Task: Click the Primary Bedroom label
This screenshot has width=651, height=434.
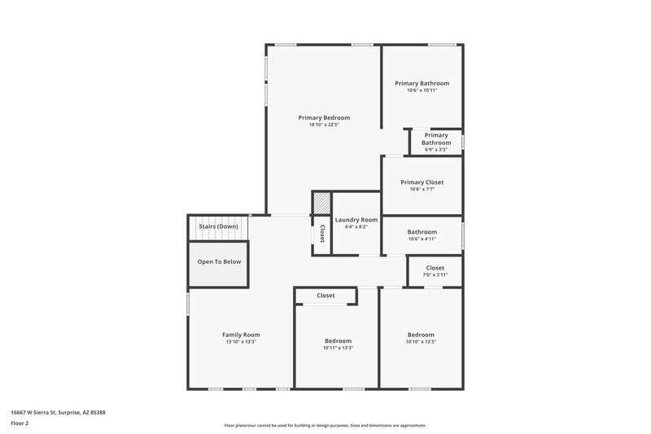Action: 324,117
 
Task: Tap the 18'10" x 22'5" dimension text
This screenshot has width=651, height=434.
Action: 324,125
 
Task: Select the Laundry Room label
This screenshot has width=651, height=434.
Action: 356,220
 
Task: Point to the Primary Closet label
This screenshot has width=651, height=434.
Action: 422,182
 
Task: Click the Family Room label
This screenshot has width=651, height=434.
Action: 241,335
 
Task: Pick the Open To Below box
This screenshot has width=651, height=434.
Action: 219,262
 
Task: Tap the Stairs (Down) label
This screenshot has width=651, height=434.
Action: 218,226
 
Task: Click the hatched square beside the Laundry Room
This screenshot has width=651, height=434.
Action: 322,203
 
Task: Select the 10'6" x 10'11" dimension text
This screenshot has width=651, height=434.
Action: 422,90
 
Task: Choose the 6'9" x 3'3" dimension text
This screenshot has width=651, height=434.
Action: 436,150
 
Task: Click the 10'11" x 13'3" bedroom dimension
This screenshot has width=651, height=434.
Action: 338,348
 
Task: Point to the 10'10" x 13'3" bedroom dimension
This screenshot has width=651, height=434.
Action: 421,342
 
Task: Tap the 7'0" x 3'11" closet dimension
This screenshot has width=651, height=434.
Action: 435,274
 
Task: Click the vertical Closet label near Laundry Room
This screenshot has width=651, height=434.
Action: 322,234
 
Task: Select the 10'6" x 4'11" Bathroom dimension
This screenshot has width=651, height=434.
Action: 422,239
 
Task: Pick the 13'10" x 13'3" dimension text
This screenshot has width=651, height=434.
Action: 241,342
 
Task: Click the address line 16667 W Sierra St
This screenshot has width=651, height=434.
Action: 58,412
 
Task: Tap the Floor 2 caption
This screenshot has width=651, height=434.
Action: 20,423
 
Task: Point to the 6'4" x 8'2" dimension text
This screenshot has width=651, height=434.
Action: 356,227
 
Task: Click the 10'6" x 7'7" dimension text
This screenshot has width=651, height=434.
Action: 422,190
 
